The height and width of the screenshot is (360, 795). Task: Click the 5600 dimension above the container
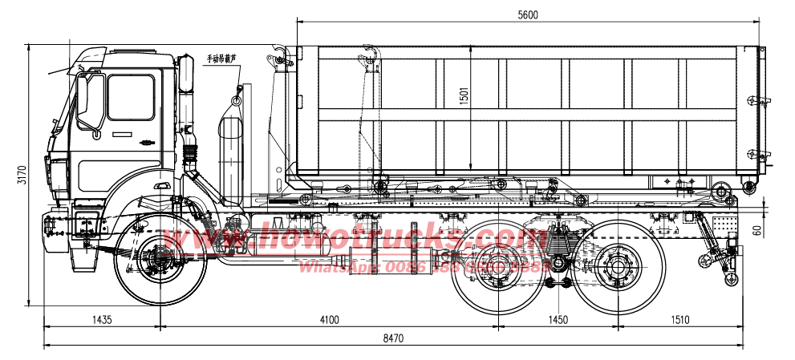pos(527,14)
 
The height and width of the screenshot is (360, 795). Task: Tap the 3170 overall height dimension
pos(22,174)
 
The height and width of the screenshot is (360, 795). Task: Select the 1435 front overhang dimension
pos(102,319)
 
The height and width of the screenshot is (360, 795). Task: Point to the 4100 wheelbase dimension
pos(329,319)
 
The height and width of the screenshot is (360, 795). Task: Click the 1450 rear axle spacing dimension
pos(558,319)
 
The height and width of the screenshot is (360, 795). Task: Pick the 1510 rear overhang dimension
pos(679,319)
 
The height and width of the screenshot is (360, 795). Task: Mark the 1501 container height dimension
pos(464,96)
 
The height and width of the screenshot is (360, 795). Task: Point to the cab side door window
pos(130,97)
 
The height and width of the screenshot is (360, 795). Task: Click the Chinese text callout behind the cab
pos(222,59)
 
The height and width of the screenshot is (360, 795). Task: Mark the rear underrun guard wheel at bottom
pos(730,280)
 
